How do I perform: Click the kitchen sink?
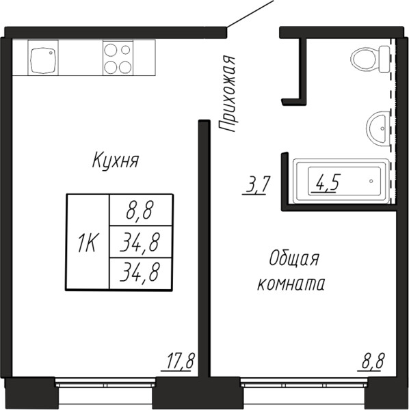point(43,58)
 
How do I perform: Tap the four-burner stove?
point(118,58)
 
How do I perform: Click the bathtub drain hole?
point(371,181)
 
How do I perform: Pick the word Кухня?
point(116,160)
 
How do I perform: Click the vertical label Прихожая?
point(227,94)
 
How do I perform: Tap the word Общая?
point(294,259)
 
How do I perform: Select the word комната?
point(291,284)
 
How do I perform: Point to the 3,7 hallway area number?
point(255,185)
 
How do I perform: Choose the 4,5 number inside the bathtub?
point(326,182)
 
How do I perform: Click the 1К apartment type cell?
point(88,242)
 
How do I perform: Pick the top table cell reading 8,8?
point(141,210)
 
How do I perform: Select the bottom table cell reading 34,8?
point(141,274)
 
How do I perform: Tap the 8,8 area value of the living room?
point(373,361)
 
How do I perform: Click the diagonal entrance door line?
point(250,13)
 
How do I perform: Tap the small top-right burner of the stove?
point(126,50)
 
